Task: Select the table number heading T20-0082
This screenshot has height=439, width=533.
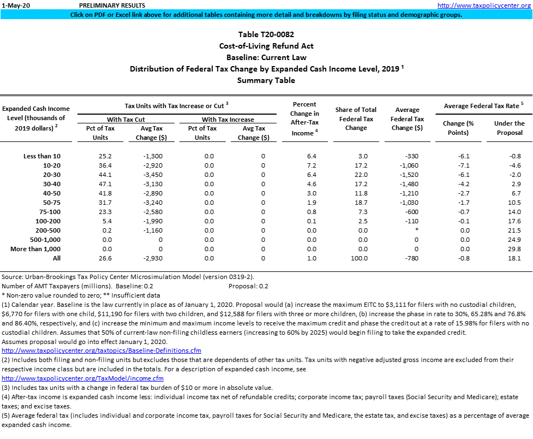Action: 266,34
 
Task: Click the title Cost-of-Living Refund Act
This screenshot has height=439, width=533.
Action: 266,46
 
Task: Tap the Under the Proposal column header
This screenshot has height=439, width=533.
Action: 509,128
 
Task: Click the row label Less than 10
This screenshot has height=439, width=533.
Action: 42,156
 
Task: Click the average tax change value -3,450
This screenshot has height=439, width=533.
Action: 147,175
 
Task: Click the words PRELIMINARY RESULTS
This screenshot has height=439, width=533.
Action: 106,5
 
